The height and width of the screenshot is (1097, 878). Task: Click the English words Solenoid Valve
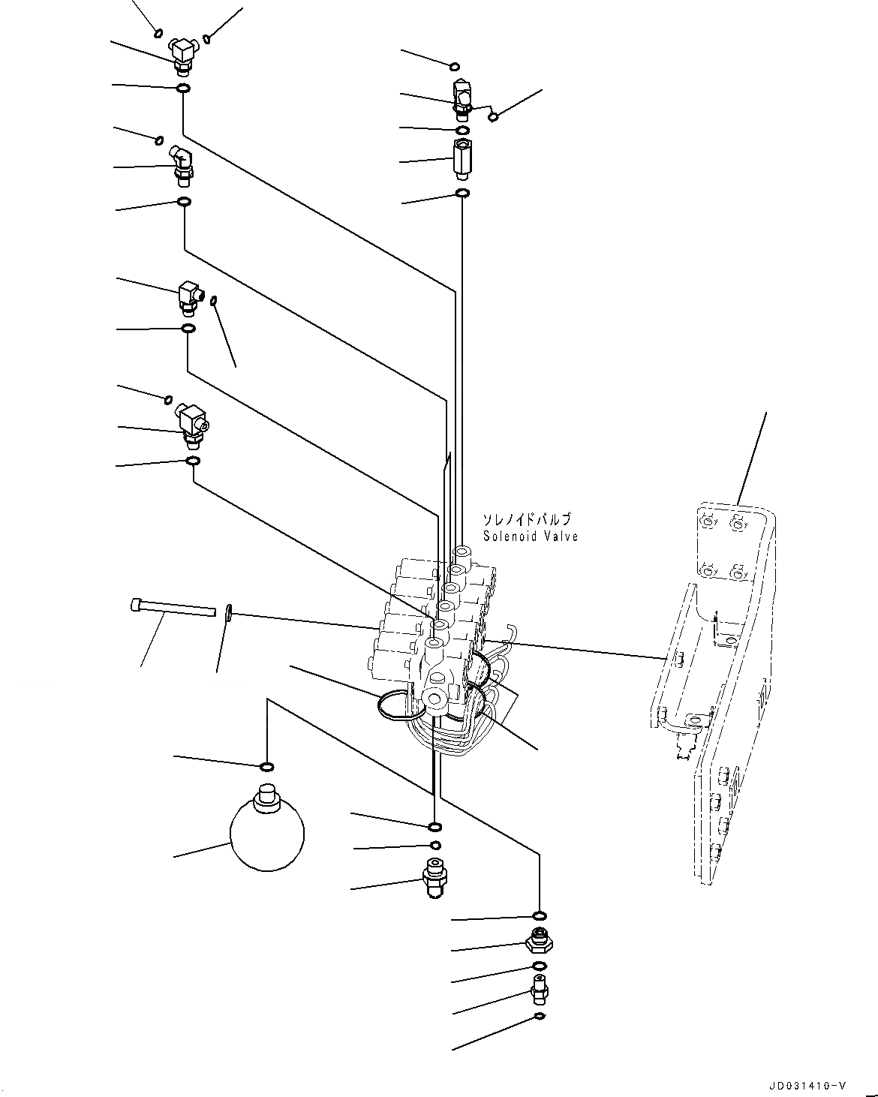pos(531,536)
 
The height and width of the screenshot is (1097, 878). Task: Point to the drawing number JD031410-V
pos(807,1086)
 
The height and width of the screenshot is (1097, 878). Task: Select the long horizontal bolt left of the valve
pos(173,607)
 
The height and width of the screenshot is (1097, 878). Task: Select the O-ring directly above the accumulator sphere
pos(266,766)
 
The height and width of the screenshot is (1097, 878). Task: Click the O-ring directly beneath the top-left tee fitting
pos(182,89)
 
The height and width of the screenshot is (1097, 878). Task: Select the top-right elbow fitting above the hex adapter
pos(461,98)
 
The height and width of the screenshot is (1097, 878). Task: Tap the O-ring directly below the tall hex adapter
pos(463,194)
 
